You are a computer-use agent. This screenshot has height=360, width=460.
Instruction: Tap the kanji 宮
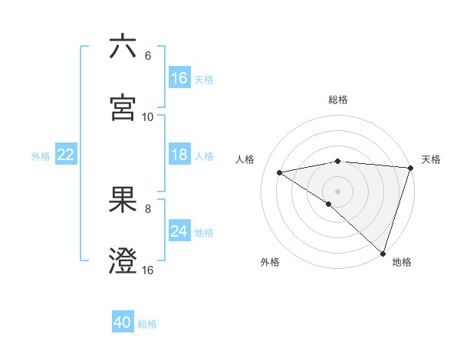[123, 106]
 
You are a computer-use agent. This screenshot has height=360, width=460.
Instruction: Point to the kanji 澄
[123, 260]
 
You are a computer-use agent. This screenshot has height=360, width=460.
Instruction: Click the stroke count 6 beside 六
[148, 56]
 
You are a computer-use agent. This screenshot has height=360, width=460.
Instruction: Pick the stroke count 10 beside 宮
[148, 117]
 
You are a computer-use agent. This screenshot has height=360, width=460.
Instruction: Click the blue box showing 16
[179, 78]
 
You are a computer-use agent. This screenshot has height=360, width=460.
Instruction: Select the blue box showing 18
[179, 155]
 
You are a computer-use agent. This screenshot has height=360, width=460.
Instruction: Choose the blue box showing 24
[179, 231]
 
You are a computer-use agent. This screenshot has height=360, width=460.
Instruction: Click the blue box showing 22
[66, 155]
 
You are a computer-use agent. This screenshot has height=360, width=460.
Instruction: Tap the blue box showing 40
[123, 322]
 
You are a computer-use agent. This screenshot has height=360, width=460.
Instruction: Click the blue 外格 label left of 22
[41, 156]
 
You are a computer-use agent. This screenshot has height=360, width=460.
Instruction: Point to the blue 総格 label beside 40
[147, 324]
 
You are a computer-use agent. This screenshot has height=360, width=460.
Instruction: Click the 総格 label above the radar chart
[338, 100]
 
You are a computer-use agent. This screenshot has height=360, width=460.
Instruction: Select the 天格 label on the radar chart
[432, 159]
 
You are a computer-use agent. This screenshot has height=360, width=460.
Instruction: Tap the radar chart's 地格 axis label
[402, 262]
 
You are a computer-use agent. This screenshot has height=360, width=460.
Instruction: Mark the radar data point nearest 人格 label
[280, 172]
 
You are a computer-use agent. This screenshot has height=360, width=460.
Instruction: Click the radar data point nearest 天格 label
[410, 168]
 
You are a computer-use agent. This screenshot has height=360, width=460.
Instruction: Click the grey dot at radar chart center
[337, 191]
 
